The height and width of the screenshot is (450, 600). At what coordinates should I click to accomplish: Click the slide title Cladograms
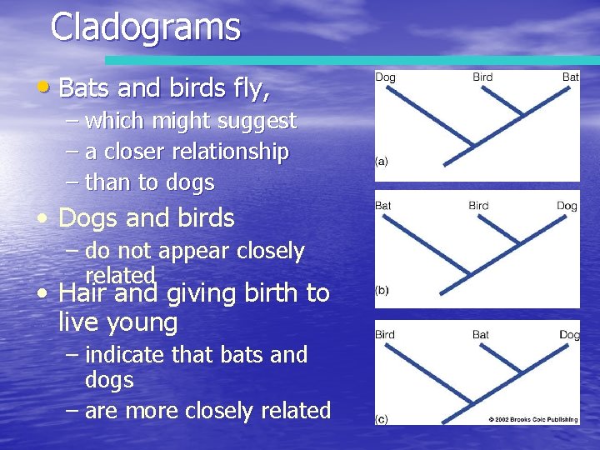coord(145,27)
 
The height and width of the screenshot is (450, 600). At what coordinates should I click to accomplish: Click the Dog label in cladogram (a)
coord(385,77)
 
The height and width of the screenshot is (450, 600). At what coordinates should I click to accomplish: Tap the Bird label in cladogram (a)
coord(482,77)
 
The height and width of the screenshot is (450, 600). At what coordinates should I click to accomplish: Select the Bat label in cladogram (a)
coord(570,77)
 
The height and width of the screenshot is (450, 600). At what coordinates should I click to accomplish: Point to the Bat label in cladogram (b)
coord(383,205)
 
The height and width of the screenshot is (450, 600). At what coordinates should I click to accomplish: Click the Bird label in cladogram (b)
coord(478,205)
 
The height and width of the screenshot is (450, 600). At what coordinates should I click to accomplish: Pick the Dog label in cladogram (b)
coord(567,205)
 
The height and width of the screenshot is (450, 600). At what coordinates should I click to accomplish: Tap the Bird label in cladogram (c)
coord(385,335)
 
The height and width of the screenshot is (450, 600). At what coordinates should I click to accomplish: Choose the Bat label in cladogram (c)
coord(481,335)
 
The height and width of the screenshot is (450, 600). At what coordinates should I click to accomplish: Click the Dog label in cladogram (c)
coord(569,335)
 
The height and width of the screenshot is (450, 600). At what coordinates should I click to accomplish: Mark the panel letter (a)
coord(382,162)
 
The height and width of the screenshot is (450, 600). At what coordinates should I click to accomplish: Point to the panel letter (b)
coord(382,290)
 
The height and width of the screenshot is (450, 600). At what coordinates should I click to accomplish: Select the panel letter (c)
coord(382,419)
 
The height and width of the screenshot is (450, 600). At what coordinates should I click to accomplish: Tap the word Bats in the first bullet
coord(82,87)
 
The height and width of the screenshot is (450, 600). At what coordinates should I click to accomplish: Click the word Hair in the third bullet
coord(81,292)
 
